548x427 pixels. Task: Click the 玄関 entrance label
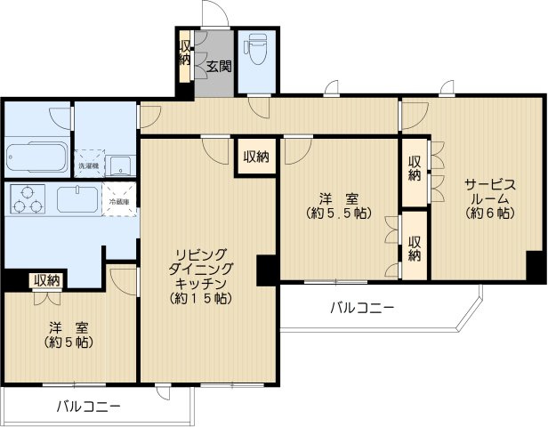[219, 65]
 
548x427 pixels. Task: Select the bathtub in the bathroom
[36, 157]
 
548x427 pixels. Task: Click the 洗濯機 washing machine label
[88, 166]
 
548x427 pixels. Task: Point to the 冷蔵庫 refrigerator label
[119, 202]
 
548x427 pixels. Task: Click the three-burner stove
[27, 198]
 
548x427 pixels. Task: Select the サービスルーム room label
[488, 192]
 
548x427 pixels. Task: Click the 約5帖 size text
[68, 342]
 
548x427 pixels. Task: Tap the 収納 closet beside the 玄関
[184, 54]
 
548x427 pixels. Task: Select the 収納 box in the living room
[256, 157]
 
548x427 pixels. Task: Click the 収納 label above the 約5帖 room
[46, 280]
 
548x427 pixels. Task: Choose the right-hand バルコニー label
[361, 309]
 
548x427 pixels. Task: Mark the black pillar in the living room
[267, 270]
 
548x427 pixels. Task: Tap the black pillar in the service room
[536, 266]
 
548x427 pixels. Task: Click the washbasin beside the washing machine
[122, 165]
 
